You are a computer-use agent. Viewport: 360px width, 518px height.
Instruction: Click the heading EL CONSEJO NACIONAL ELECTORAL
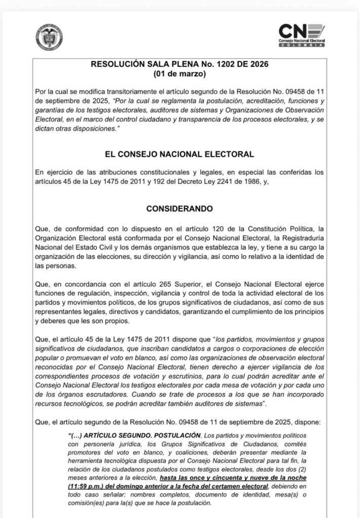180,154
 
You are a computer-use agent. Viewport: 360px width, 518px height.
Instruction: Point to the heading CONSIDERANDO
180,208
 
